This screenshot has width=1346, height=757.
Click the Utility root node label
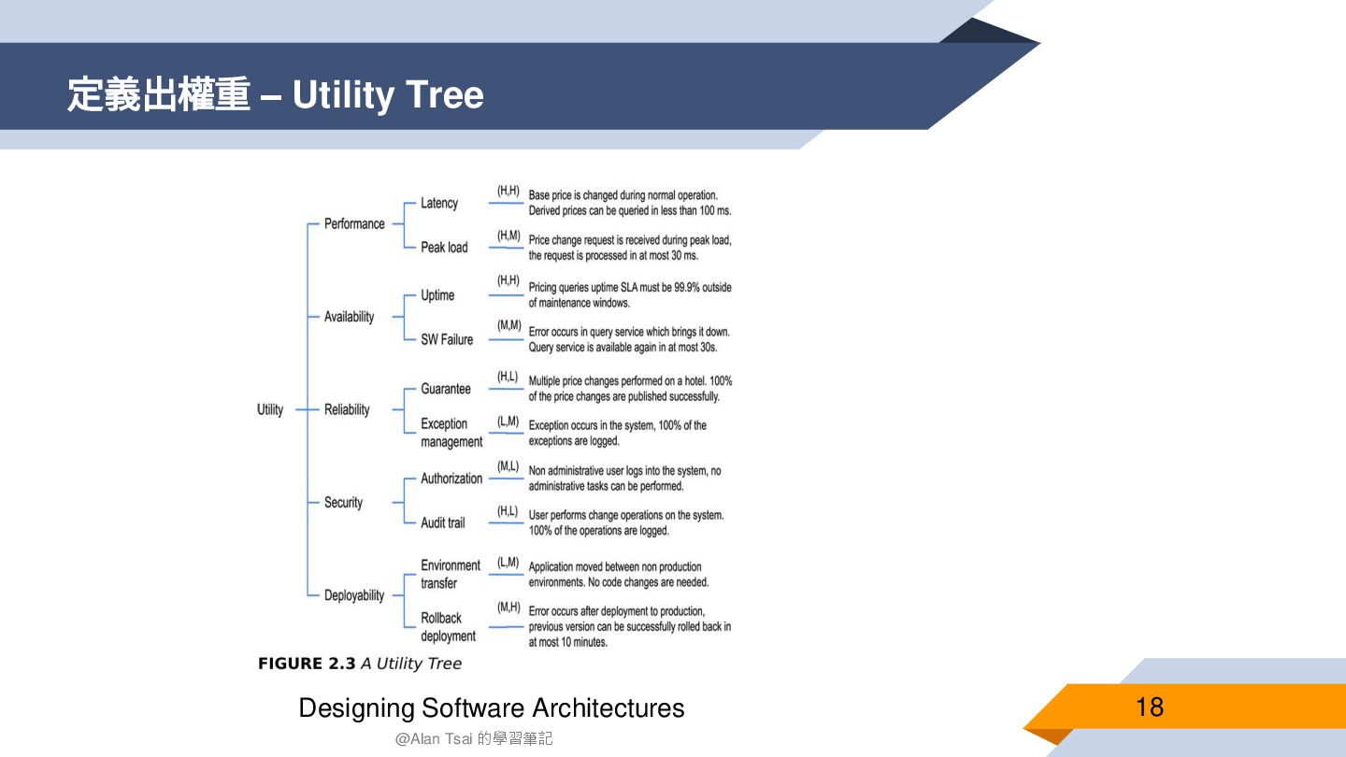(270, 409)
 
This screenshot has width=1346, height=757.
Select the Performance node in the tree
(354, 224)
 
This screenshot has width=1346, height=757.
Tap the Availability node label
(349, 317)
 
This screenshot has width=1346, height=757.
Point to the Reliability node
(347, 409)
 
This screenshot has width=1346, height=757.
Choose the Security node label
(343, 503)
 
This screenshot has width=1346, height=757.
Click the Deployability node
(354, 595)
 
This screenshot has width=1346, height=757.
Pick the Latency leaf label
(439, 203)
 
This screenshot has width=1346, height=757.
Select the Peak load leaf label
(444, 248)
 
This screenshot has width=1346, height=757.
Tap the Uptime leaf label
(437, 295)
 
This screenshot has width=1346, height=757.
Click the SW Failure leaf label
(447, 339)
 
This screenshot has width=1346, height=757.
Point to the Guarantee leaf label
(446, 389)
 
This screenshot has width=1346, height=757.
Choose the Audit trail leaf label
(442, 523)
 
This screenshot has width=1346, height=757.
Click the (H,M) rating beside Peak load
(508, 236)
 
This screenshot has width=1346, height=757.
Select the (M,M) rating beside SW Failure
(508, 325)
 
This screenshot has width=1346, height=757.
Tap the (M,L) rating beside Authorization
(508, 465)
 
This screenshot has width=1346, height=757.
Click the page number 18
(1150, 707)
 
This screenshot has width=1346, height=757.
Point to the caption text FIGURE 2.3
(307, 664)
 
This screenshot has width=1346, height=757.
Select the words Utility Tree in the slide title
(388, 95)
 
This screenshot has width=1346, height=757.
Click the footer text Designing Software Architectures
(491, 708)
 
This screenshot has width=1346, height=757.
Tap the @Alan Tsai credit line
(474, 738)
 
